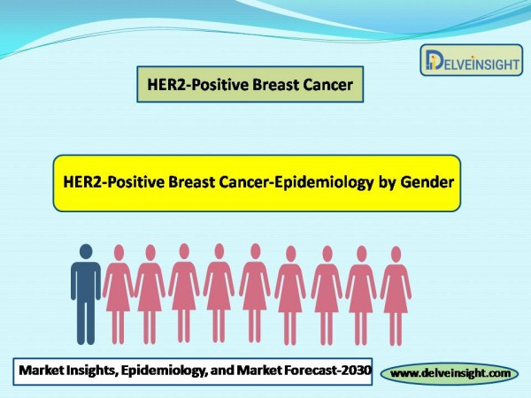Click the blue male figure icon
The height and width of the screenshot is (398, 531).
coord(86,295)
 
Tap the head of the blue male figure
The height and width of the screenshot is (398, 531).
coord(86,251)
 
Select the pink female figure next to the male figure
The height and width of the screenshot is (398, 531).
coord(119,295)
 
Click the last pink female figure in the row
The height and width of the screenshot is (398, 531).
coord(396,295)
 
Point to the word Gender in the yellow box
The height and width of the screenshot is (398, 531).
coord(427,182)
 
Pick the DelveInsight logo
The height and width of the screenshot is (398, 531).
coord(472,60)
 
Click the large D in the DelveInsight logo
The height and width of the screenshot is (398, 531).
coord(435,60)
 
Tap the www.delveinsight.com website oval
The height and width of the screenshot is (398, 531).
coord(450,373)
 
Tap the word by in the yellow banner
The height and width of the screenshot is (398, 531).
coord(387,183)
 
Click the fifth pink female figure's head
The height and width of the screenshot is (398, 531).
coord(256,251)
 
